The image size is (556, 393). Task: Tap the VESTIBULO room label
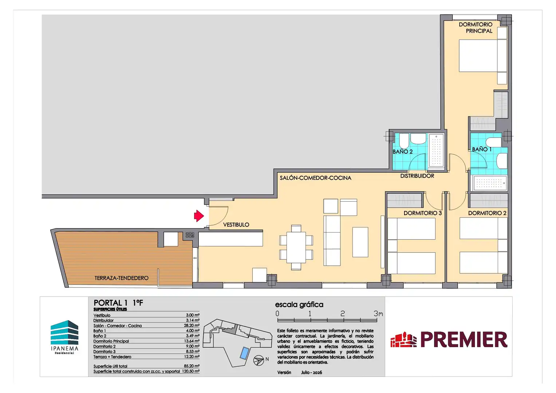pos(236,225)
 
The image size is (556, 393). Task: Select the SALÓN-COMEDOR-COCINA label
pos(315,178)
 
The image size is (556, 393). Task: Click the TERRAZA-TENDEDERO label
pos(121,278)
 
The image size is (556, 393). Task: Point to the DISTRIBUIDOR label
pos(417,176)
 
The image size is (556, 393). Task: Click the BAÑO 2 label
pos(403,152)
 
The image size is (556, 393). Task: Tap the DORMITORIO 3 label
pos(423,213)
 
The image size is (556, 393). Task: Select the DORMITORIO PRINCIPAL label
pos(476,28)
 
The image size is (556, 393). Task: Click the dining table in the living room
pos(296,247)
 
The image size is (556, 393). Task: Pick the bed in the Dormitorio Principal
pos(483,56)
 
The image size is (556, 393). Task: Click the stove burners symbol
pos(190,235)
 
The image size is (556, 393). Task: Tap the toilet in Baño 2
pos(404,141)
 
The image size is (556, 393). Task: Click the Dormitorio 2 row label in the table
pos(105,346)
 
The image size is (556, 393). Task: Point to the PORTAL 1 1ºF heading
pos(118,303)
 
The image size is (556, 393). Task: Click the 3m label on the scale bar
pos(378,314)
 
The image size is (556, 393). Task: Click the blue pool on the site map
pos(244,353)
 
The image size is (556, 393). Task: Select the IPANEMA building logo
pos(64,337)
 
